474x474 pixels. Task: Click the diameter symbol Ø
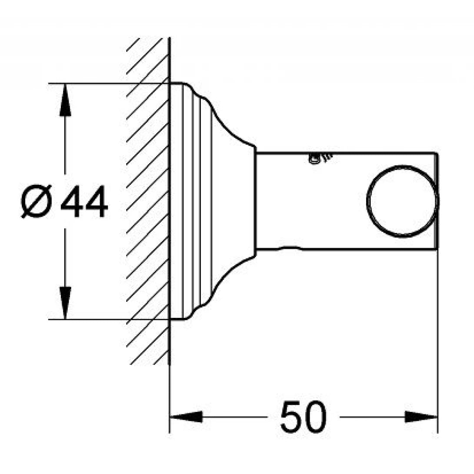(37, 201)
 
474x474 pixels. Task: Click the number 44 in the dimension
(84, 201)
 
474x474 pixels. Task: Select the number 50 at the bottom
(303, 417)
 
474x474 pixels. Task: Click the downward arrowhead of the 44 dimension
(65, 303)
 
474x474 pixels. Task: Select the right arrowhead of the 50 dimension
(421, 417)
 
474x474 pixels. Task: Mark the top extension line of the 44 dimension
(109, 83)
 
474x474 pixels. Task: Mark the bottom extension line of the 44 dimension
(109, 319)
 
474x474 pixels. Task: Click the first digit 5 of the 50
(292, 417)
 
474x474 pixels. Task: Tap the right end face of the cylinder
(436, 201)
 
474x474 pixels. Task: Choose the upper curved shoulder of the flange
(222, 117)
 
